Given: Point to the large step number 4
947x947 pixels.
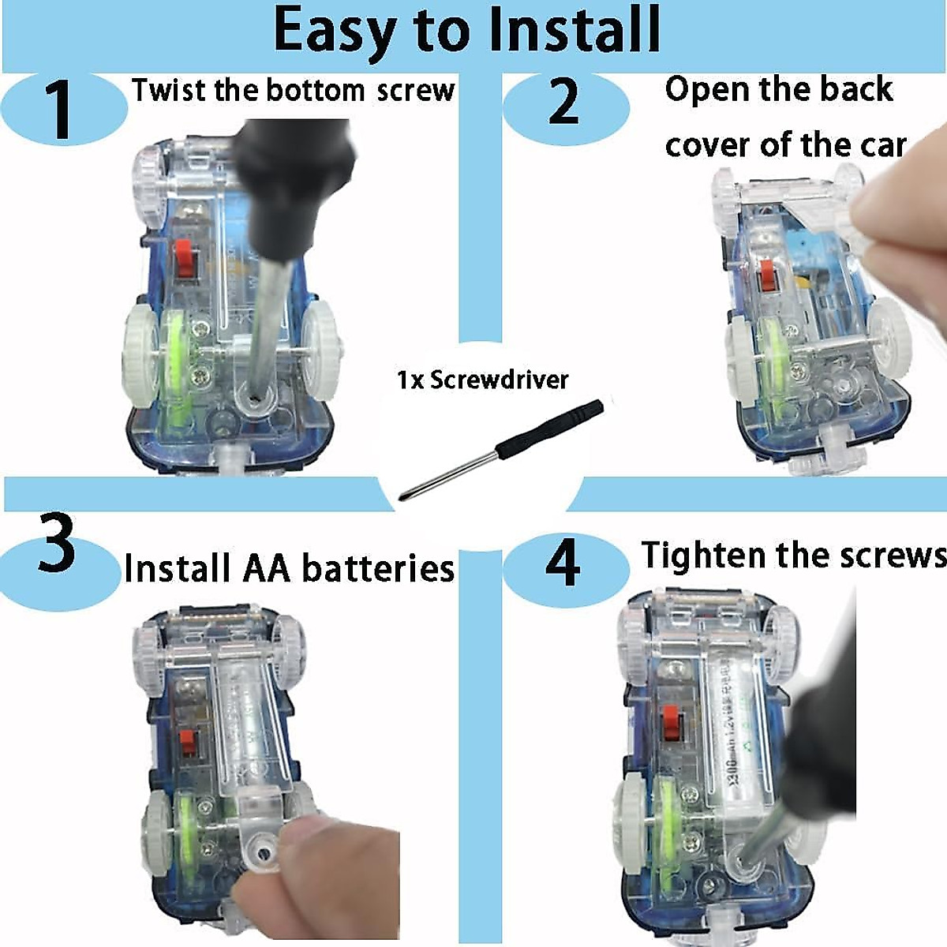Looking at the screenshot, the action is pos(563,561).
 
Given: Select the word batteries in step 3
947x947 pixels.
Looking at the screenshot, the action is pos(378,568).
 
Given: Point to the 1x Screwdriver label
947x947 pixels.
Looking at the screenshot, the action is pos(482,380).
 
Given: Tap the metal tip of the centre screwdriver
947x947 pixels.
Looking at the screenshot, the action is pos(408,496).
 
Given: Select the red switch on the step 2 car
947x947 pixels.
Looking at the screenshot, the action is pos(766,276).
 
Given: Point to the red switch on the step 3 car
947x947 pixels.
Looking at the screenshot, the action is pos(185,743).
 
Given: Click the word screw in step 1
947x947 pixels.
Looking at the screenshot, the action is pos(416,92).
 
